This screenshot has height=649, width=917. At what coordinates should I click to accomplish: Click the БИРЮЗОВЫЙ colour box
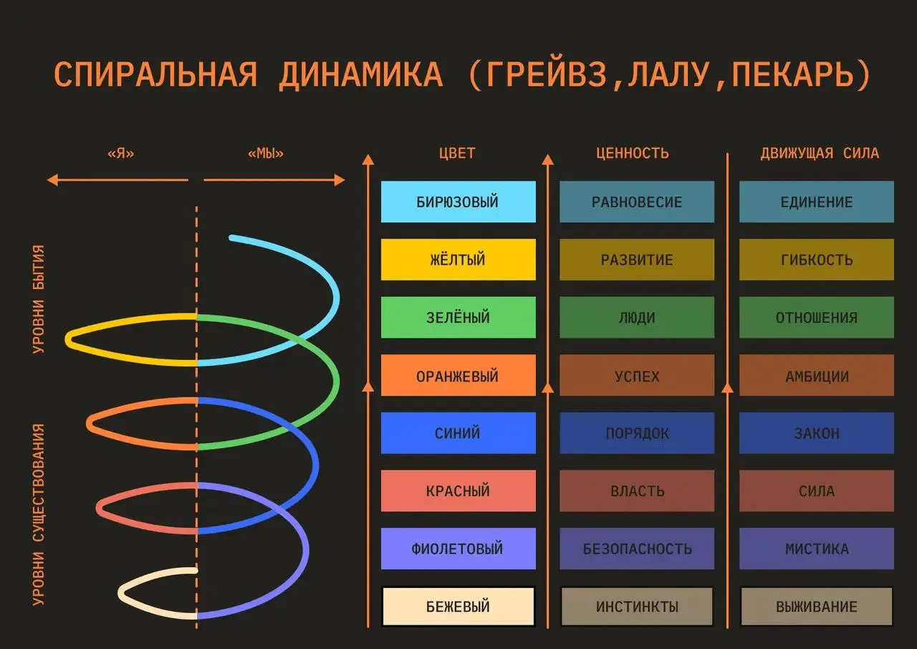pyautogui.click(x=458, y=202)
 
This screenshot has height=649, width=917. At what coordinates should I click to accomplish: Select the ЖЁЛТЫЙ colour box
pyautogui.click(x=458, y=260)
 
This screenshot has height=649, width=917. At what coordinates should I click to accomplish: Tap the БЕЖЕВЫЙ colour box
pyautogui.click(x=458, y=607)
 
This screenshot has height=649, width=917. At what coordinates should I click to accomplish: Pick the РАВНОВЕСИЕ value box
pyautogui.click(x=637, y=202)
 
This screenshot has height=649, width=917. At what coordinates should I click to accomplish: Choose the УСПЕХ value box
pyautogui.click(x=637, y=376)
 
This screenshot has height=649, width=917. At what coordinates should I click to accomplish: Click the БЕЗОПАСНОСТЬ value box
pyautogui.click(x=637, y=549)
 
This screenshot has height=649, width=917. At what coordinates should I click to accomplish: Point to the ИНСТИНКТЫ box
pyautogui.click(x=637, y=607)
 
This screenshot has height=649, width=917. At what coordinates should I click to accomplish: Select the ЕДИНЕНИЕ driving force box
pyautogui.click(x=817, y=202)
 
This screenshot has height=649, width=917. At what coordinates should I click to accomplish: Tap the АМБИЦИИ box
pyautogui.click(x=817, y=376)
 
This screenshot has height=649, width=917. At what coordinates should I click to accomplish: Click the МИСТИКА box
pyautogui.click(x=817, y=549)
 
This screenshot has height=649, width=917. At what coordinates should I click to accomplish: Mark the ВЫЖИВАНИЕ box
pyautogui.click(x=817, y=607)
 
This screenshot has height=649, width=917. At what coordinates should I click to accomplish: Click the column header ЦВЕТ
pyautogui.click(x=457, y=153)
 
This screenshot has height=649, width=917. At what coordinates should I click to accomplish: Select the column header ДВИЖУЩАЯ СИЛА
pyautogui.click(x=820, y=153)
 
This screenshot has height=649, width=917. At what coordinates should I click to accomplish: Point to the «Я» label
pyautogui.click(x=120, y=153)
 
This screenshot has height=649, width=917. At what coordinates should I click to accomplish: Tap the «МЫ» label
pyautogui.click(x=265, y=153)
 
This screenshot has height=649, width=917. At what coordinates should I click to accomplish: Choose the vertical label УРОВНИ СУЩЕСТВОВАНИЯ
pyautogui.click(x=39, y=514)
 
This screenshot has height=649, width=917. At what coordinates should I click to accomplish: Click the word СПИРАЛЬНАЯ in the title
pyautogui.click(x=155, y=75)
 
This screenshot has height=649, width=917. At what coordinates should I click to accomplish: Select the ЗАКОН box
pyautogui.click(x=817, y=433)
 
